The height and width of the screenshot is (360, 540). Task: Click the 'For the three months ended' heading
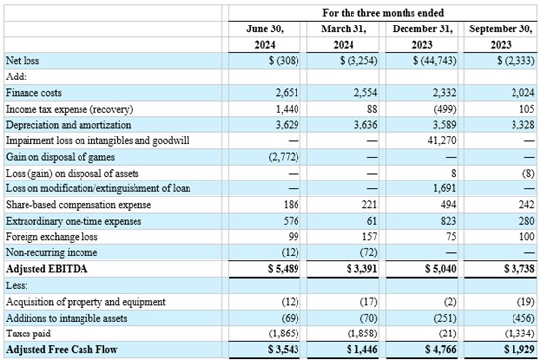point(383,13)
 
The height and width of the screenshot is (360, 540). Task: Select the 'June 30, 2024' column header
point(265,37)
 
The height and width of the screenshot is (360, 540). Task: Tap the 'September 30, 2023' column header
point(501,37)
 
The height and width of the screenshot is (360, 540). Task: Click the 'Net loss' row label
point(23,61)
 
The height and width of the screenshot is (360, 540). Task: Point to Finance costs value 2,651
point(287,93)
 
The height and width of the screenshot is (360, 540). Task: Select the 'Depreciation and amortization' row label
point(68,125)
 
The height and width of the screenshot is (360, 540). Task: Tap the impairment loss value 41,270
point(442,141)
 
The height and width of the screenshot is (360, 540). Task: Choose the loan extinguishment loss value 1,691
point(444,188)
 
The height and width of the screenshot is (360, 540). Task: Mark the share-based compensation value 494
point(448,205)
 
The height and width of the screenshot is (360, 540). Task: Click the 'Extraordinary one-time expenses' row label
point(74,221)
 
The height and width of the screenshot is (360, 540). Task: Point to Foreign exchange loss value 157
point(369,236)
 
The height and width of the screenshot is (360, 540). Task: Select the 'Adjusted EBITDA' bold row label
point(47,269)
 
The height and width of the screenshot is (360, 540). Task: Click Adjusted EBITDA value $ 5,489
point(284,269)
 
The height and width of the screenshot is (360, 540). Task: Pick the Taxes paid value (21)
point(448,334)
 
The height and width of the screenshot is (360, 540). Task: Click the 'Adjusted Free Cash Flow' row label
point(62,349)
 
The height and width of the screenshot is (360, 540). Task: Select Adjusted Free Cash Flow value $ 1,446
point(362,349)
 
